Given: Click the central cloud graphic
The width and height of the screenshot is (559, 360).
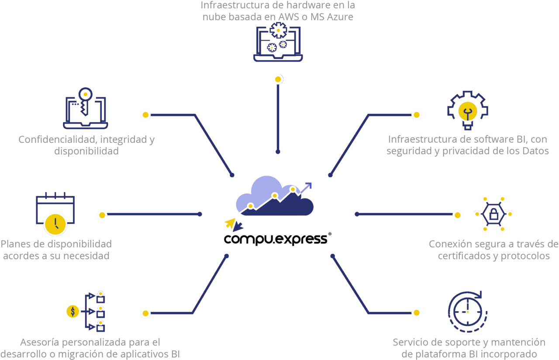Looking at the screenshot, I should (x=274, y=197).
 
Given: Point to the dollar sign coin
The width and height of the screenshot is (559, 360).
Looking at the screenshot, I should (x=72, y=311).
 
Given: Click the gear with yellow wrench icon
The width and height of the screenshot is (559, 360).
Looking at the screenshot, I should (x=466, y=110).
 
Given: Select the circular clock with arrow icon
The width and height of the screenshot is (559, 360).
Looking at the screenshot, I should (x=467, y=312).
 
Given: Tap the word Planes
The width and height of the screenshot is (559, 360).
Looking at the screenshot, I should (x=14, y=244).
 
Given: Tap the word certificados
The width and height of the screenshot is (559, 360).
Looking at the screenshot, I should (x=463, y=256).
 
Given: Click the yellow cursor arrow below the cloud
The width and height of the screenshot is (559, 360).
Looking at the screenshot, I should (x=230, y=223).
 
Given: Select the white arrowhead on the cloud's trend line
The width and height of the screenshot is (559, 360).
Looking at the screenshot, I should (x=308, y=185).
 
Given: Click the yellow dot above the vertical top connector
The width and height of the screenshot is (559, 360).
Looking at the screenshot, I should (x=278, y=79).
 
